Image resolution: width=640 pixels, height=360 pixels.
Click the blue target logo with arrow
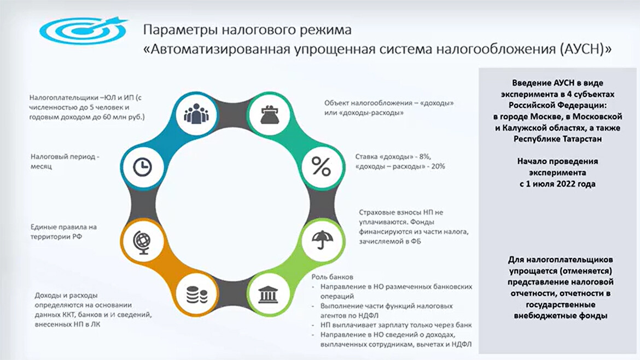[x=83, y=30]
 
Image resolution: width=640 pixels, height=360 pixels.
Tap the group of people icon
[x=196, y=114]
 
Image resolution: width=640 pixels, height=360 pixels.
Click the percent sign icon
[x=321, y=166]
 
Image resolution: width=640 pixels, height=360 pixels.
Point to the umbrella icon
[x=322, y=240]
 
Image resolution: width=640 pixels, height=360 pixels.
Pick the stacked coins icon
[x=196, y=295]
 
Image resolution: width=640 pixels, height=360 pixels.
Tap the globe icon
[x=142, y=242]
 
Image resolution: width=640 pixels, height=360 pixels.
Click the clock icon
[x=142, y=167]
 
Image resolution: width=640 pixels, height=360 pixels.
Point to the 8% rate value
[x=425, y=156]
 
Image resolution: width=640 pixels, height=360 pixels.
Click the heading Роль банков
[x=332, y=277]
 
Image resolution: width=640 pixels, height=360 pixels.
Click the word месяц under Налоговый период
[x=41, y=166]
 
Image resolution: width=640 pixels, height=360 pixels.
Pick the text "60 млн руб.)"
[x=126, y=117]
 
